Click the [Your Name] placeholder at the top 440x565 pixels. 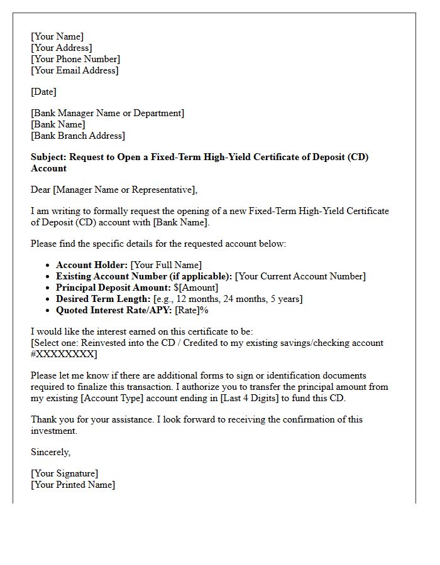click(57, 36)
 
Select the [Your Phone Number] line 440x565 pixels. click(75, 59)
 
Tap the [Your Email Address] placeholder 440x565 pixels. click(74, 70)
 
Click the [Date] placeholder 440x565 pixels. click(43, 92)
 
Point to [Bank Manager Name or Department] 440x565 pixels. click(107, 113)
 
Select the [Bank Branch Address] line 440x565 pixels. click(78, 136)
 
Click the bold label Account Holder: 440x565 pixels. click(92, 265)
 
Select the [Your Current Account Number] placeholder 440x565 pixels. click(300, 276)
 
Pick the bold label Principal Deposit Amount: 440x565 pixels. click(113, 288)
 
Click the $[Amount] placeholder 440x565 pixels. click(196, 288)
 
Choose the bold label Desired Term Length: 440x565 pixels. click(103, 299)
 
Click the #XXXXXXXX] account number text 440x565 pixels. click(64, 354)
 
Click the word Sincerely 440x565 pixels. click(50, 452)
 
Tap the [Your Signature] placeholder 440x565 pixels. click(65, 473)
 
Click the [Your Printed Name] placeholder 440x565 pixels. click(73, 485)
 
